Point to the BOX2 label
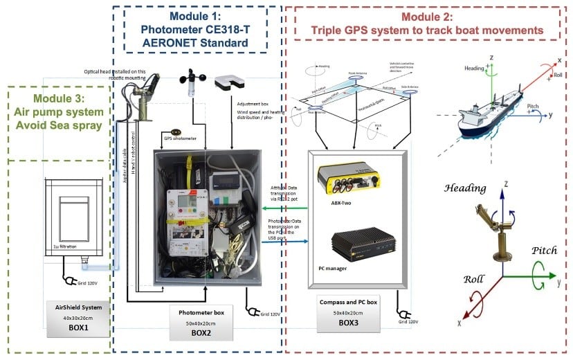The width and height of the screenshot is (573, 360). click(x=206, y=332)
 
